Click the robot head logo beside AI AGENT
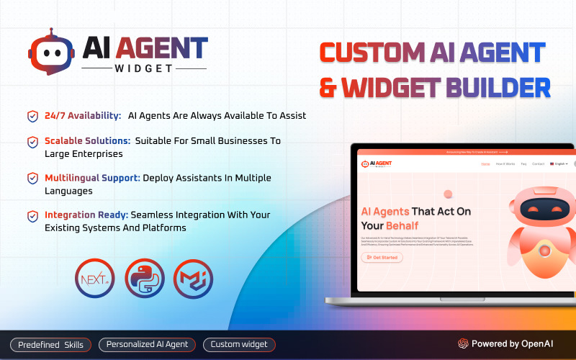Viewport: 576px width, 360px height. click(50, 51)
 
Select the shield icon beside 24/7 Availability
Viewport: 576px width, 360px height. click(32, 116)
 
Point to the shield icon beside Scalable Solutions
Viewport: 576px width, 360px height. click(32, 142)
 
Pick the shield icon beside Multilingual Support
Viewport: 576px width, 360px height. click(32, 178)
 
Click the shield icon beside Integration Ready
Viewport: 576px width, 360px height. click(32, 215)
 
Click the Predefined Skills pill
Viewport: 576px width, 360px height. click(50, 345)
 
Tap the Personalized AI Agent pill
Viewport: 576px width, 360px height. click(147, 345)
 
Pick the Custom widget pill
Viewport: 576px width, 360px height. click(239, 345)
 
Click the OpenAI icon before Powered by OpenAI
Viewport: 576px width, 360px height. click(464, 344)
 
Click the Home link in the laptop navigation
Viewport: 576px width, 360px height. click(485, 164)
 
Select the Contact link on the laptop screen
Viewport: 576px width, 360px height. click(538, 164)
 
